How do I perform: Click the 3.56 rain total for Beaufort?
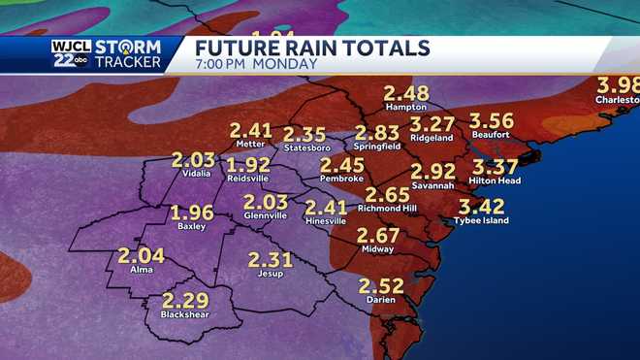point(491,121)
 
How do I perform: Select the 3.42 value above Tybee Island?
point(481,206)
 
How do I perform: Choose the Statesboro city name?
point(307,147)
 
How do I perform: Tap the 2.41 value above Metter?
point(250,129)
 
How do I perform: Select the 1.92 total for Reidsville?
point(249,165)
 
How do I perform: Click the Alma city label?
point(141,271)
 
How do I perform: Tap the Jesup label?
point(270,274)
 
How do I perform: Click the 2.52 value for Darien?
point(380,285)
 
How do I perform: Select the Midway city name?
point(377,249)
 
